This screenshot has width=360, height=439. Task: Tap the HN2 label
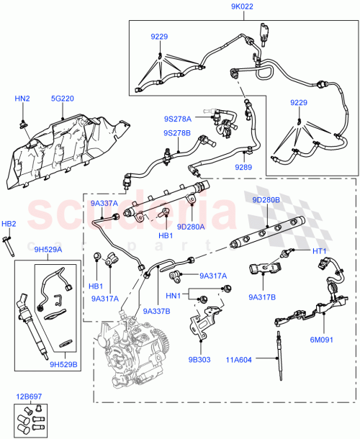click(23, 98)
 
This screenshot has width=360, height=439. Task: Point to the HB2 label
click(9, 224)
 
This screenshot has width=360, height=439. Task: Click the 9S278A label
click(177, 118)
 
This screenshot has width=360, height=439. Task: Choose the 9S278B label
click(176, 134)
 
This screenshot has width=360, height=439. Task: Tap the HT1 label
click(320, 250)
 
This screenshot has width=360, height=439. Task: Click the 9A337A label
click(104, 204)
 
